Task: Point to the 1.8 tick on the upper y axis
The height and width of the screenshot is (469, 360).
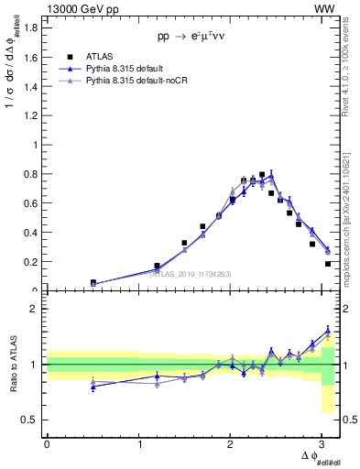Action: [x=32, y=27]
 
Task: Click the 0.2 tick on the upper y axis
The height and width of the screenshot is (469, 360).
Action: [x=32, y=262]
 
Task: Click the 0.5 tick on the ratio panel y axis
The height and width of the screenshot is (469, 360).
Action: [x=32, y=420]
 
